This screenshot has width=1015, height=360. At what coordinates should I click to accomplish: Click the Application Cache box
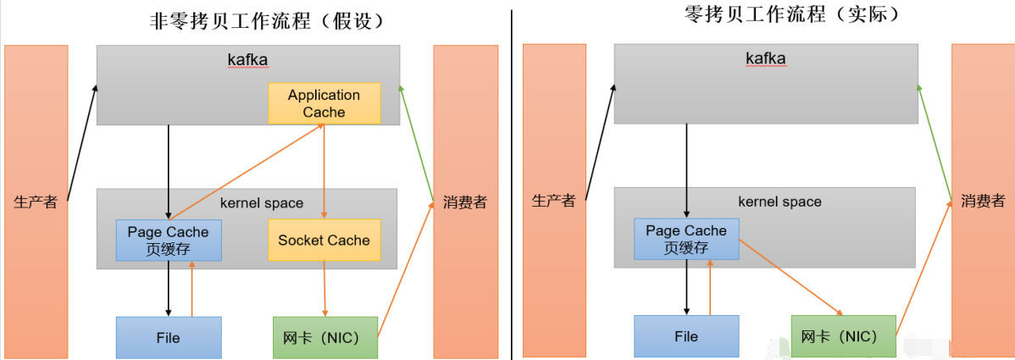coord(324,103)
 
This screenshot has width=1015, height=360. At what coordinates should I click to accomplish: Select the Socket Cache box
coord(324,240)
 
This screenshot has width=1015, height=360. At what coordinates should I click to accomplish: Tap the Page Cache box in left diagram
coord(168,240)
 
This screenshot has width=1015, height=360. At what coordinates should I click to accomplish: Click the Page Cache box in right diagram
coord(686,239)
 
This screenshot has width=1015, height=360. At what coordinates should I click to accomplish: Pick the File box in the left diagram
coord(168,337)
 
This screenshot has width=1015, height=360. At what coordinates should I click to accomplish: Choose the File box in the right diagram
coord(686,336)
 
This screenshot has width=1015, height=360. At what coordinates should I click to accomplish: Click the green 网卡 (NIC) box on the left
coord(324,337)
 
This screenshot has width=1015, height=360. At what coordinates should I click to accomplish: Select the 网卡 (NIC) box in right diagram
coord(842,336)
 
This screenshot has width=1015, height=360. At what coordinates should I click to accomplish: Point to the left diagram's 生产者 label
coord(36,202)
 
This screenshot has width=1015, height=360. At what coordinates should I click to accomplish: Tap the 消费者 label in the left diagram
coord(464,202)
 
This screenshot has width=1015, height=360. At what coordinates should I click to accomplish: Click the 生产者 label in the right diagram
coord(554,201)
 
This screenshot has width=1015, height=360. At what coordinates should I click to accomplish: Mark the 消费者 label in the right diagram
coord(983,201)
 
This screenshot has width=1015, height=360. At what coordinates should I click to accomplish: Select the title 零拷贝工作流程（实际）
coord(779,14)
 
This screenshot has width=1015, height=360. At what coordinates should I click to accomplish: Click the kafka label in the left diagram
coord(247,59)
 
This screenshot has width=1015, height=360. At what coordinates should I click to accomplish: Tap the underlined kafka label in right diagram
coord(765,58)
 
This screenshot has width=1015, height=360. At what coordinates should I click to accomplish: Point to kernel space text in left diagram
coord(261,203)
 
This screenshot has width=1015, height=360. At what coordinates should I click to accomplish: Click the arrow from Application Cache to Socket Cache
coord(324,169)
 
